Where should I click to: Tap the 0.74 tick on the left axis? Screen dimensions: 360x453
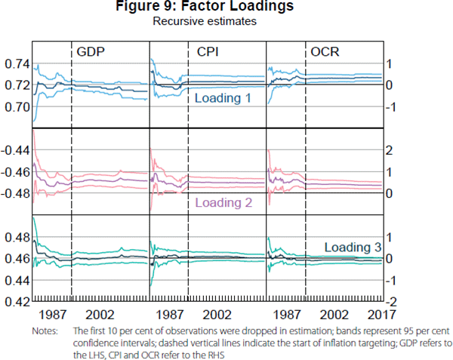(15, 65)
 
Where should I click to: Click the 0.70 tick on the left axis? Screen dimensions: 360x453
(15, 107)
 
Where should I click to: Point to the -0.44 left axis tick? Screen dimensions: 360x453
(14, 151)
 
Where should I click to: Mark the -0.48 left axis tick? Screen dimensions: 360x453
(14, 194)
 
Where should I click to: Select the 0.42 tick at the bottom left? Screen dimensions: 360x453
(15, 302)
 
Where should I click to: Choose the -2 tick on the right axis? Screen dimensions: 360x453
(391, 302)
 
